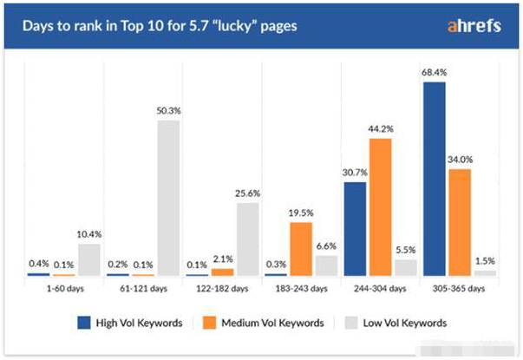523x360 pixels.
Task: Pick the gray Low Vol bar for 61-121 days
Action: [x=168, y=198]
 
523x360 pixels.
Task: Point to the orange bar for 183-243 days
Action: [x=301, y=249]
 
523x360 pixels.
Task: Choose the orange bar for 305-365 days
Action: [x=461, y=222]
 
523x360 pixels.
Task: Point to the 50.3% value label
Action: [x=167, y=111]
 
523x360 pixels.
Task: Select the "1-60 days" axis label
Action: [x=64, y=288]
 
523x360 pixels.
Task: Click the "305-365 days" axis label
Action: [x=460, y=288]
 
